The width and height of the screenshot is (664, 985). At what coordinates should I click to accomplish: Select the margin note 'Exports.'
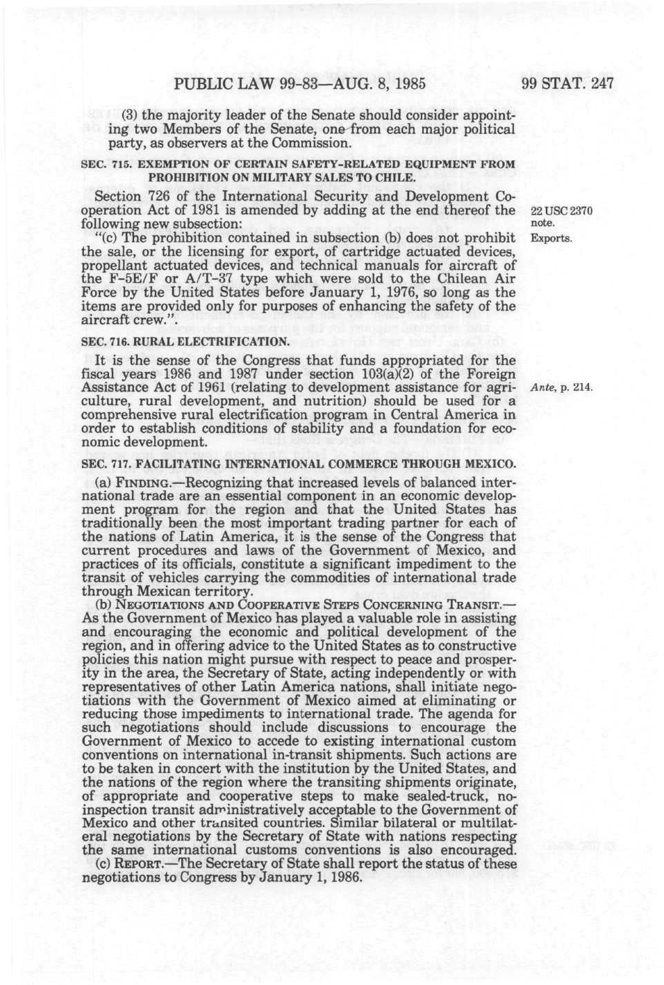pos(550,239)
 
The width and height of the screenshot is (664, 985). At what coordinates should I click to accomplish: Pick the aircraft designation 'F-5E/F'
pos(128,279)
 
